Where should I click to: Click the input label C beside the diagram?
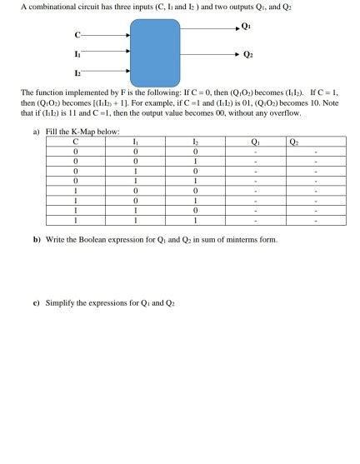(77, 36)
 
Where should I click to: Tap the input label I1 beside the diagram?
(77, 53)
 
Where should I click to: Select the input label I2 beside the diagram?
(77, 72)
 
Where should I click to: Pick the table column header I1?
(135, 142)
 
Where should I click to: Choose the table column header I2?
(195, 142)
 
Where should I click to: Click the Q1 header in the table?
(255, 142)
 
